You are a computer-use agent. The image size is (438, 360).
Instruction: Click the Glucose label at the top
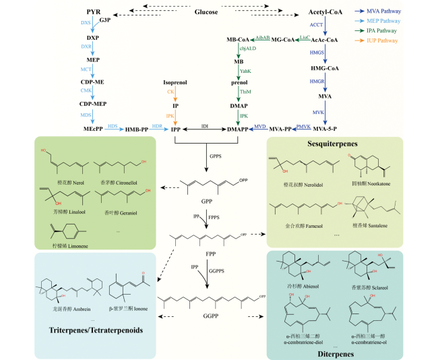[207, 12]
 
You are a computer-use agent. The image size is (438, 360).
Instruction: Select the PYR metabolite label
[94, 13]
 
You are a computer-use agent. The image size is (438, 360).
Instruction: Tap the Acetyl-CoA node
[326, 13]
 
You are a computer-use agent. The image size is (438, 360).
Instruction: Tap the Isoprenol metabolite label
[175, 83]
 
